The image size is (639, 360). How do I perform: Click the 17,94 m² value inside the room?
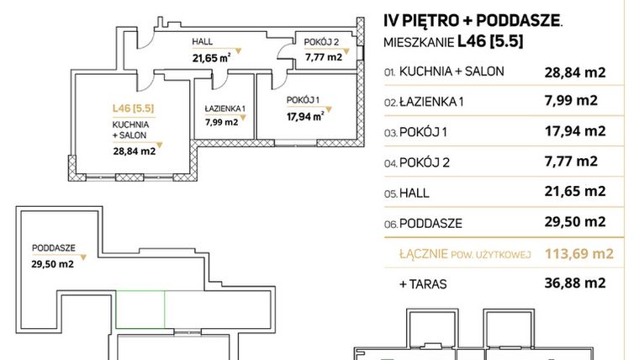[x=307, y=118]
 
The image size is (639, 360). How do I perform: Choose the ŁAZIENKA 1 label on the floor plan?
[x=224, y=109]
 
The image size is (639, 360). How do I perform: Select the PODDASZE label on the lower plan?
[x=54, y=248]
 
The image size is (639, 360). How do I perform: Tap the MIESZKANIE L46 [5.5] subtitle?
[x=453, y=41]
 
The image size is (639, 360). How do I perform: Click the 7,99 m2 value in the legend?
[x=571, y=101]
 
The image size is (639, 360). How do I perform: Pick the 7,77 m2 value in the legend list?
[x=571, y=161]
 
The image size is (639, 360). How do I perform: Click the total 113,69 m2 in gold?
[x=576, y=253]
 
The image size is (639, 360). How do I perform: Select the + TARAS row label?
[x=423, y=284]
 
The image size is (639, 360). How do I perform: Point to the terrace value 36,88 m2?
[x=576, y=284]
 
